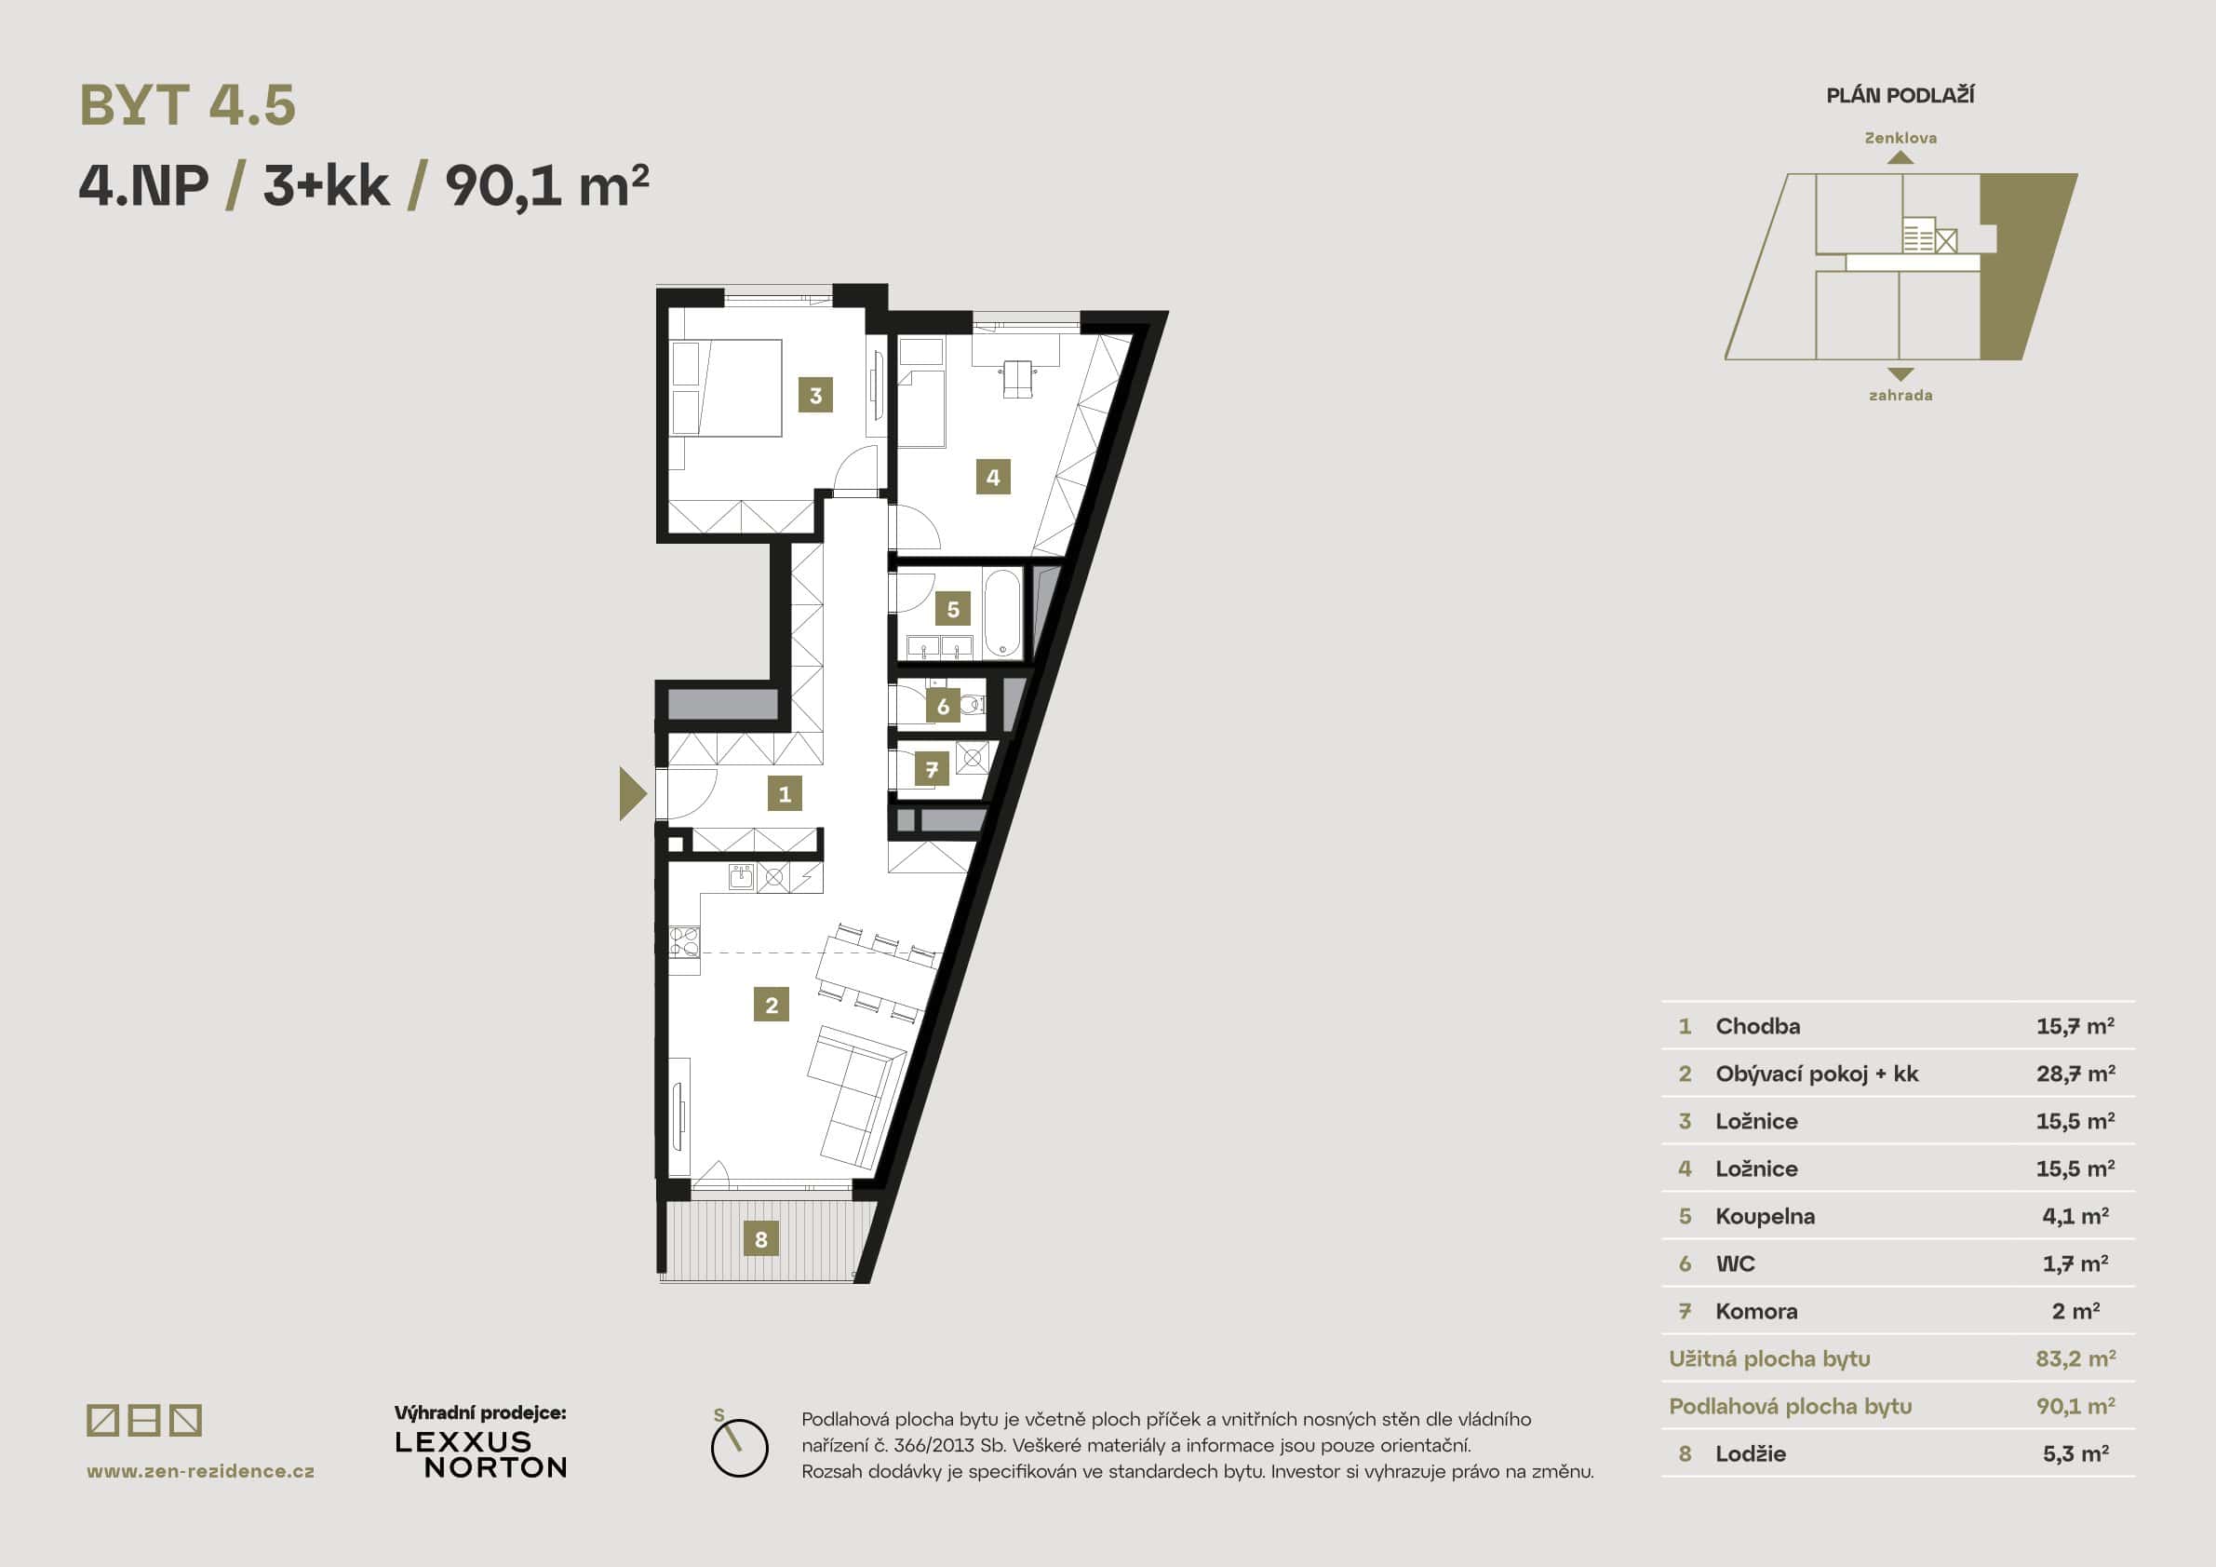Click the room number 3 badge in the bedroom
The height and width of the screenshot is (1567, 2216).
coord(815,395)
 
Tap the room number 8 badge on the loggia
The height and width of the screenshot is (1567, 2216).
coord(760,1238)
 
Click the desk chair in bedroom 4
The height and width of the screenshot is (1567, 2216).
coord(1016,377)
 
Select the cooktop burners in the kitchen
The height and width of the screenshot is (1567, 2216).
coord(684,941)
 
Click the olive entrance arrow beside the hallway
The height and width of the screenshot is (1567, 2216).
coord(631,793)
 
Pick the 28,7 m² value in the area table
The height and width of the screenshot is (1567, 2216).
coord(2075,1074)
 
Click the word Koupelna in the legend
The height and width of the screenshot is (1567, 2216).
coord(1765,1217)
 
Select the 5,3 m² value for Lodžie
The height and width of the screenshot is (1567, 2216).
coord(2075,1454)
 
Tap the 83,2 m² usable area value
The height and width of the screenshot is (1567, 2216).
coord(2075,1358)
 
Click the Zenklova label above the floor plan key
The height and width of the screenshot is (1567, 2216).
coord(1900,138)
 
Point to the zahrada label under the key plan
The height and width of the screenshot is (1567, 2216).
coord(1900,395)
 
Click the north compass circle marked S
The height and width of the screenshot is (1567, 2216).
coord(739,1447)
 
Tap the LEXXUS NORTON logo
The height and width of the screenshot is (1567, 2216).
coord(480,1455)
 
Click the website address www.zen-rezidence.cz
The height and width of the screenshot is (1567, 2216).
coord(201,1471)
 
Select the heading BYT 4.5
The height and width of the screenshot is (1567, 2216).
coord(187,105)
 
